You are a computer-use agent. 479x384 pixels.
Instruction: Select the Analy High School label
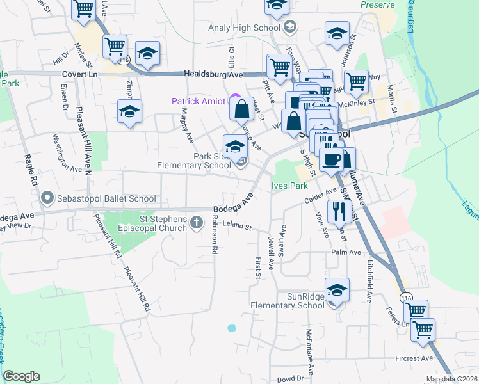(x=245, y=28)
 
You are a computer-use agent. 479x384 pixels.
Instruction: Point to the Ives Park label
(x=290, y=186)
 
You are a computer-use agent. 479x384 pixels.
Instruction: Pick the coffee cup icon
(x=332, y=159)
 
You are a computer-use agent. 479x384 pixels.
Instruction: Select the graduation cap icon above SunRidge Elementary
(x=337, y=290)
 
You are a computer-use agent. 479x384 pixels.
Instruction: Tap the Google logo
(x=21, y=376)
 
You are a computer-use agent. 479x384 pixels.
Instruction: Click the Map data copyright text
(x=451, y=380)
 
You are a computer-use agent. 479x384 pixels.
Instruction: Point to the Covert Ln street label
(x=79, y=74)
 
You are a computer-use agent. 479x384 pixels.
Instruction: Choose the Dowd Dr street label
(x=290, y=378)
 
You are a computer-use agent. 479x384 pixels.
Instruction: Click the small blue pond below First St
(x=231, y=328)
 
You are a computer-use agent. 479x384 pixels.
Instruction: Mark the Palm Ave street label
(x=343, y=252)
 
